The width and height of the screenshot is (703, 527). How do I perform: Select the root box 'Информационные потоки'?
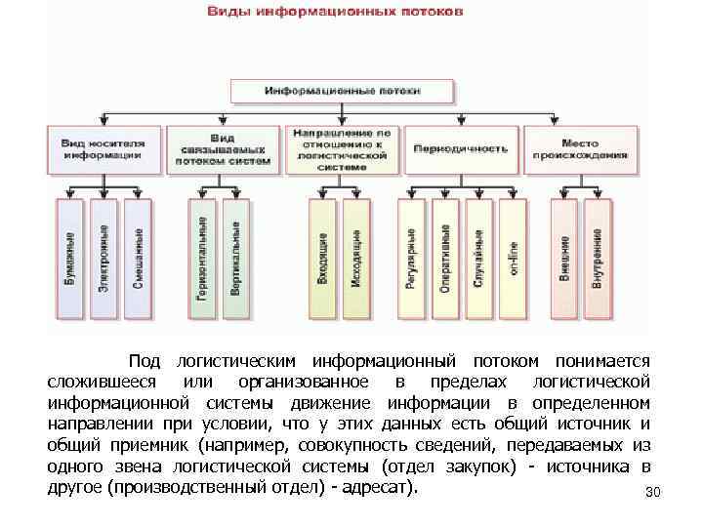click(343, 91)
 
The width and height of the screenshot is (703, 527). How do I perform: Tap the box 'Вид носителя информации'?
click(103, 148)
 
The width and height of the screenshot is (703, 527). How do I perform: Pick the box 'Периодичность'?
click(461, 149)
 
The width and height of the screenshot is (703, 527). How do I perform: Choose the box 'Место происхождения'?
click(580, 148)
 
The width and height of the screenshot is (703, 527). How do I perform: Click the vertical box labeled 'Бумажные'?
click(71, 259)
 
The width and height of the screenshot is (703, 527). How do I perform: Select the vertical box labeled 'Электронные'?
click(104, 259)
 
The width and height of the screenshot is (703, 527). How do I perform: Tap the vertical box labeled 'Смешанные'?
click(139, 259)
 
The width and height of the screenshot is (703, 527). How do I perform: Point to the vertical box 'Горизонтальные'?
click(203, 259)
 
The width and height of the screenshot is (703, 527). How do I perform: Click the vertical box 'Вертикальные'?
click(236, 259)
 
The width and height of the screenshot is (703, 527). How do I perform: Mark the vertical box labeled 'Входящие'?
click(323, 259)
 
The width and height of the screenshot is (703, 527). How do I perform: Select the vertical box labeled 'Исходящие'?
click(356, 259)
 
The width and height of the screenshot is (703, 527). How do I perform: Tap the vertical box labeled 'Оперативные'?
click(445, 259)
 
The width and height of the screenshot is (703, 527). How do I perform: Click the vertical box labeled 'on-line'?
click(513, 259)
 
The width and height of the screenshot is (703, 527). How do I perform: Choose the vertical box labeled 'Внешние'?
click(564, 259)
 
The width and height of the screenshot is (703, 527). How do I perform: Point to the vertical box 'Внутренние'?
click(598, 259)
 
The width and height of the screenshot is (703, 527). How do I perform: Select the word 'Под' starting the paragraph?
click(145, 361)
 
